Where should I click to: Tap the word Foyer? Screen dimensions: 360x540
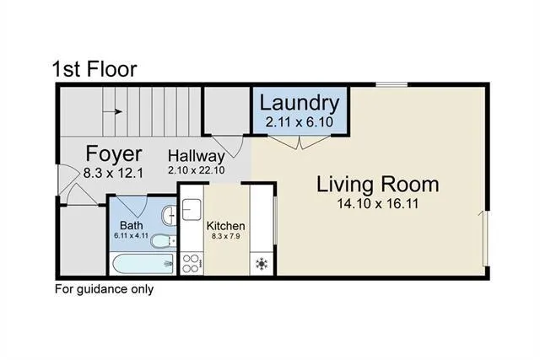coord(113,154)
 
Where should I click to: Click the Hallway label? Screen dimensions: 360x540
coord(196,156)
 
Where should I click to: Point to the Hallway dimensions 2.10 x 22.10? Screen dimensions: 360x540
coord(197,169)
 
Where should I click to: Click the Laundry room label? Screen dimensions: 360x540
coord(300,104)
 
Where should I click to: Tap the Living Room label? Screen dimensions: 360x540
coord(377,184)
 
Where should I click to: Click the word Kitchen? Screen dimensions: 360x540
coord(226,226)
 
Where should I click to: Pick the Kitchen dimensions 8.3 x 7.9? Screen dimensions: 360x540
coord(226,238)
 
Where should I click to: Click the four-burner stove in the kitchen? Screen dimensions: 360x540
coord(191,263)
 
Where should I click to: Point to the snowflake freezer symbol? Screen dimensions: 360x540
coord(262,265)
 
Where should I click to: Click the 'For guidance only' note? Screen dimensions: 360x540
coord(104,289)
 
